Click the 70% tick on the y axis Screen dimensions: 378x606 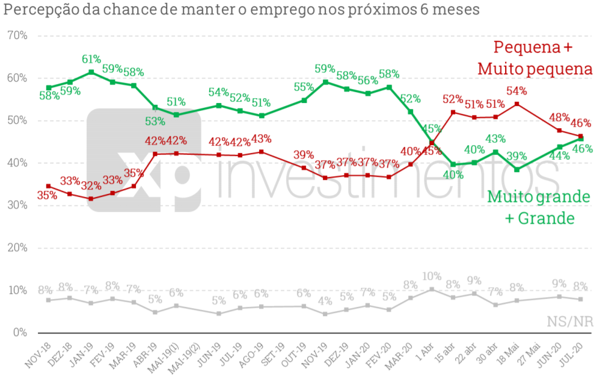pos(16,36)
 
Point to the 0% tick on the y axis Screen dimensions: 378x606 pos(19,332)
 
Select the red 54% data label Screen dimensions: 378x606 pos(516,91)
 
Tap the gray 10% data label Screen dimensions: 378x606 pos(431,276)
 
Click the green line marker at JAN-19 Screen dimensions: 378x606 pos(91,72)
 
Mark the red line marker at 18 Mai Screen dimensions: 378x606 pos(517,104)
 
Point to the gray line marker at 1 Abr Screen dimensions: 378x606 pos(432,289)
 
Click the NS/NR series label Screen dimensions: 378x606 pos(570,321)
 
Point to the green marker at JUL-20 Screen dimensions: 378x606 pos(581,139)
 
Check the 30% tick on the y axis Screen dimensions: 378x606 pos(16,205)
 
